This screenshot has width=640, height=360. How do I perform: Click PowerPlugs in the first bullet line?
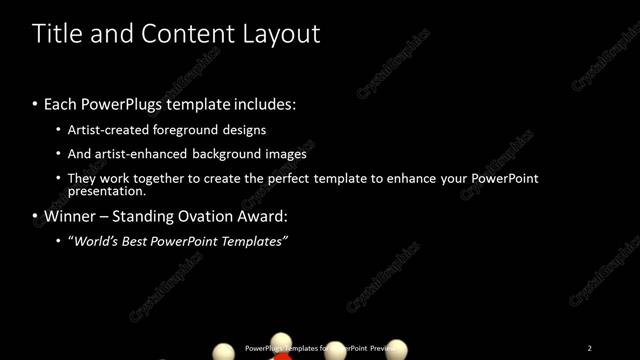[122, 104]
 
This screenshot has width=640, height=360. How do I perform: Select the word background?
[241, 154]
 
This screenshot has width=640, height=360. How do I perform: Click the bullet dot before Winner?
[36, 216]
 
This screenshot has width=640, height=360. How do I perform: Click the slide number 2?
[589, 348]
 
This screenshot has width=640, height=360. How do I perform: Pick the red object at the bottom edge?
[283, 355]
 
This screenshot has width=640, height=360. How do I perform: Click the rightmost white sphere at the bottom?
[398, 350]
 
